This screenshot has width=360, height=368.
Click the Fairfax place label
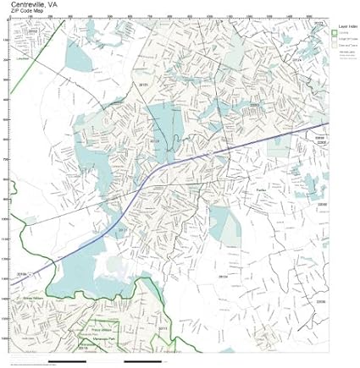[261, 190]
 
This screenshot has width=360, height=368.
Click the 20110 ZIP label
[84, 348]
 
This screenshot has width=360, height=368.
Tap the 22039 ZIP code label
[320, 300]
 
